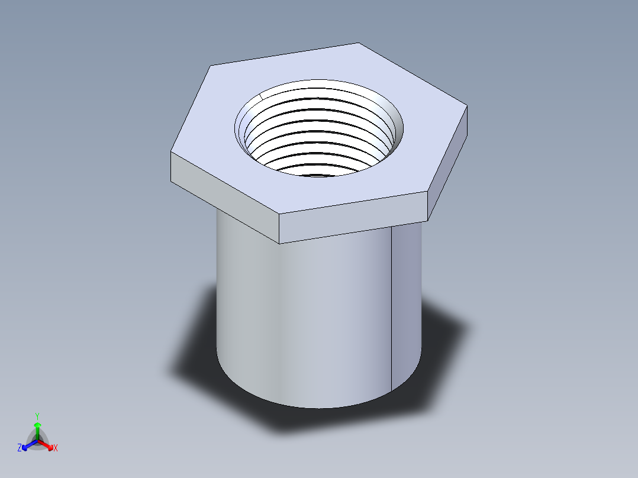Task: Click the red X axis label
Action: coord(56,448)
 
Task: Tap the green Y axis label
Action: coord(37,416)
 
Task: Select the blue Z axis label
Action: coord(20,448)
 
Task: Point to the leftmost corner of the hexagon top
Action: coord(171,153)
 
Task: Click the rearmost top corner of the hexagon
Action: coord(359,43)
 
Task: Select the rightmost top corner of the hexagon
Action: coord(468,106)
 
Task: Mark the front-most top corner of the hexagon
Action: coord(279,214)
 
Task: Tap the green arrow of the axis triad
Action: coord(37,427)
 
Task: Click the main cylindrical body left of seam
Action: coord(296,314)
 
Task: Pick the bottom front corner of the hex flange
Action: coord(279,243)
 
